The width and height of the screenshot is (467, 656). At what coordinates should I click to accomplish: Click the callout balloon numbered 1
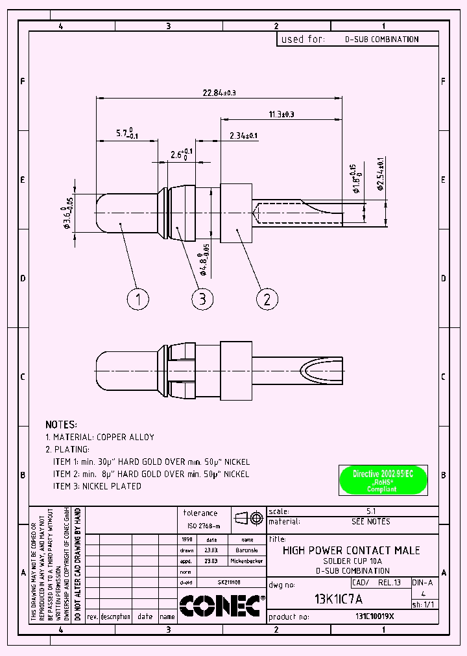138,299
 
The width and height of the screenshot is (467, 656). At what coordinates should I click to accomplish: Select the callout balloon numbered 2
267,299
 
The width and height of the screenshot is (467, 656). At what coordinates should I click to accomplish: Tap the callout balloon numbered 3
202,299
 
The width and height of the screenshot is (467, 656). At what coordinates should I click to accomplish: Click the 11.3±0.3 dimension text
281,114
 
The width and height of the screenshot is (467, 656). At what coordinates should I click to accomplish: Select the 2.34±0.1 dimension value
243,135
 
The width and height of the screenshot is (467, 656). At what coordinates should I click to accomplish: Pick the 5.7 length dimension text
126,134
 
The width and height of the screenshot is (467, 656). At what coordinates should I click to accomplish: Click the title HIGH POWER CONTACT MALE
351,550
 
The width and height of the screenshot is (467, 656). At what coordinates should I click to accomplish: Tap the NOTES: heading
61,424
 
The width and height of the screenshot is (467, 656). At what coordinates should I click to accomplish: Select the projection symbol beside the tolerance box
248,518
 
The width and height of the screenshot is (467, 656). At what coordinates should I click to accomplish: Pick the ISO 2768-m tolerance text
204,526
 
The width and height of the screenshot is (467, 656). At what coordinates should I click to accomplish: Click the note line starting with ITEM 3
97,486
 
